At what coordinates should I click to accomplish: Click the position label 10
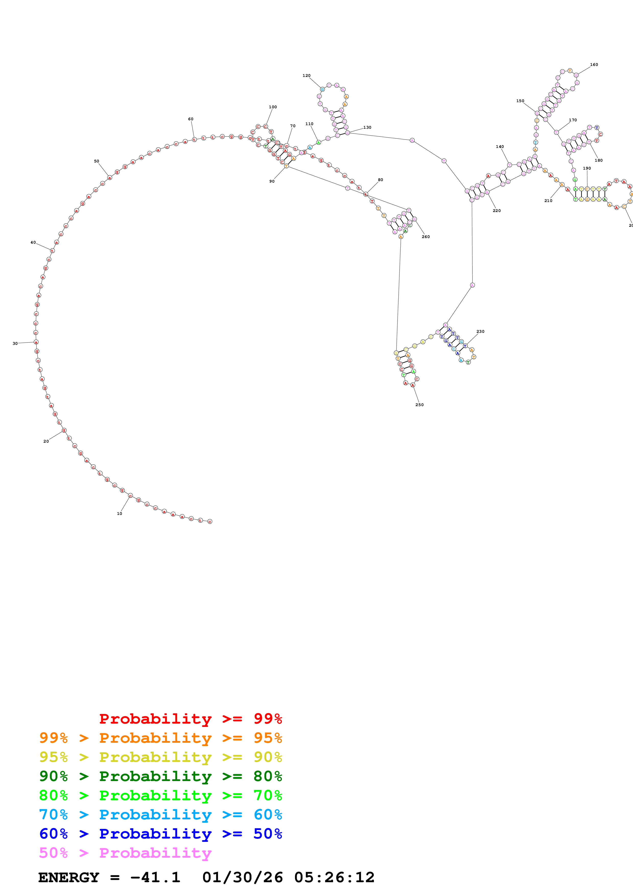pyautogui.click(x=119, y=514)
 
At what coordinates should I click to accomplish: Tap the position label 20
pyautogui.click(x=46, y=441)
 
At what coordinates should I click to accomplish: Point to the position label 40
pyautogui.click(x=33, y=242)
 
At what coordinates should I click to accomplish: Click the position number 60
pyautogui.click(x=191, y=119)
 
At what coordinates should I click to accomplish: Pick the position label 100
pyautogui.click(x=273, y=107)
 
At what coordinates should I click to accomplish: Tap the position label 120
pyautogui.click(x=307, y=76)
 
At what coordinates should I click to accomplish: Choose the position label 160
pyautogui.click(x=594, y=65)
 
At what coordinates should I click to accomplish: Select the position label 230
pyautogui.click(x=481, y=331)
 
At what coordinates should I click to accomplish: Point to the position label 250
pyautogui.click(x=419, y=405)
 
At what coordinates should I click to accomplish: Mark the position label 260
pyautogui.click(x=425, y=237)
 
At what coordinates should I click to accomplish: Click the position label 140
pyautogui.click(x=500, y=147)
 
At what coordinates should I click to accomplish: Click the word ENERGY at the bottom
pyautogui.click(x=69, y=878)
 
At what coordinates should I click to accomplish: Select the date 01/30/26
pyautogui.click(x=243, y=878)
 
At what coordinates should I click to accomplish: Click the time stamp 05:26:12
pyautogui.click(x=334, y=878)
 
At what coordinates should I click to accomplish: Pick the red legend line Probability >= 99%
pyautogui.click(x=190, y=719)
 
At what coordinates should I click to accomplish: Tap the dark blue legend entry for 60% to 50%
pyautogui.click(x=160, y=834)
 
